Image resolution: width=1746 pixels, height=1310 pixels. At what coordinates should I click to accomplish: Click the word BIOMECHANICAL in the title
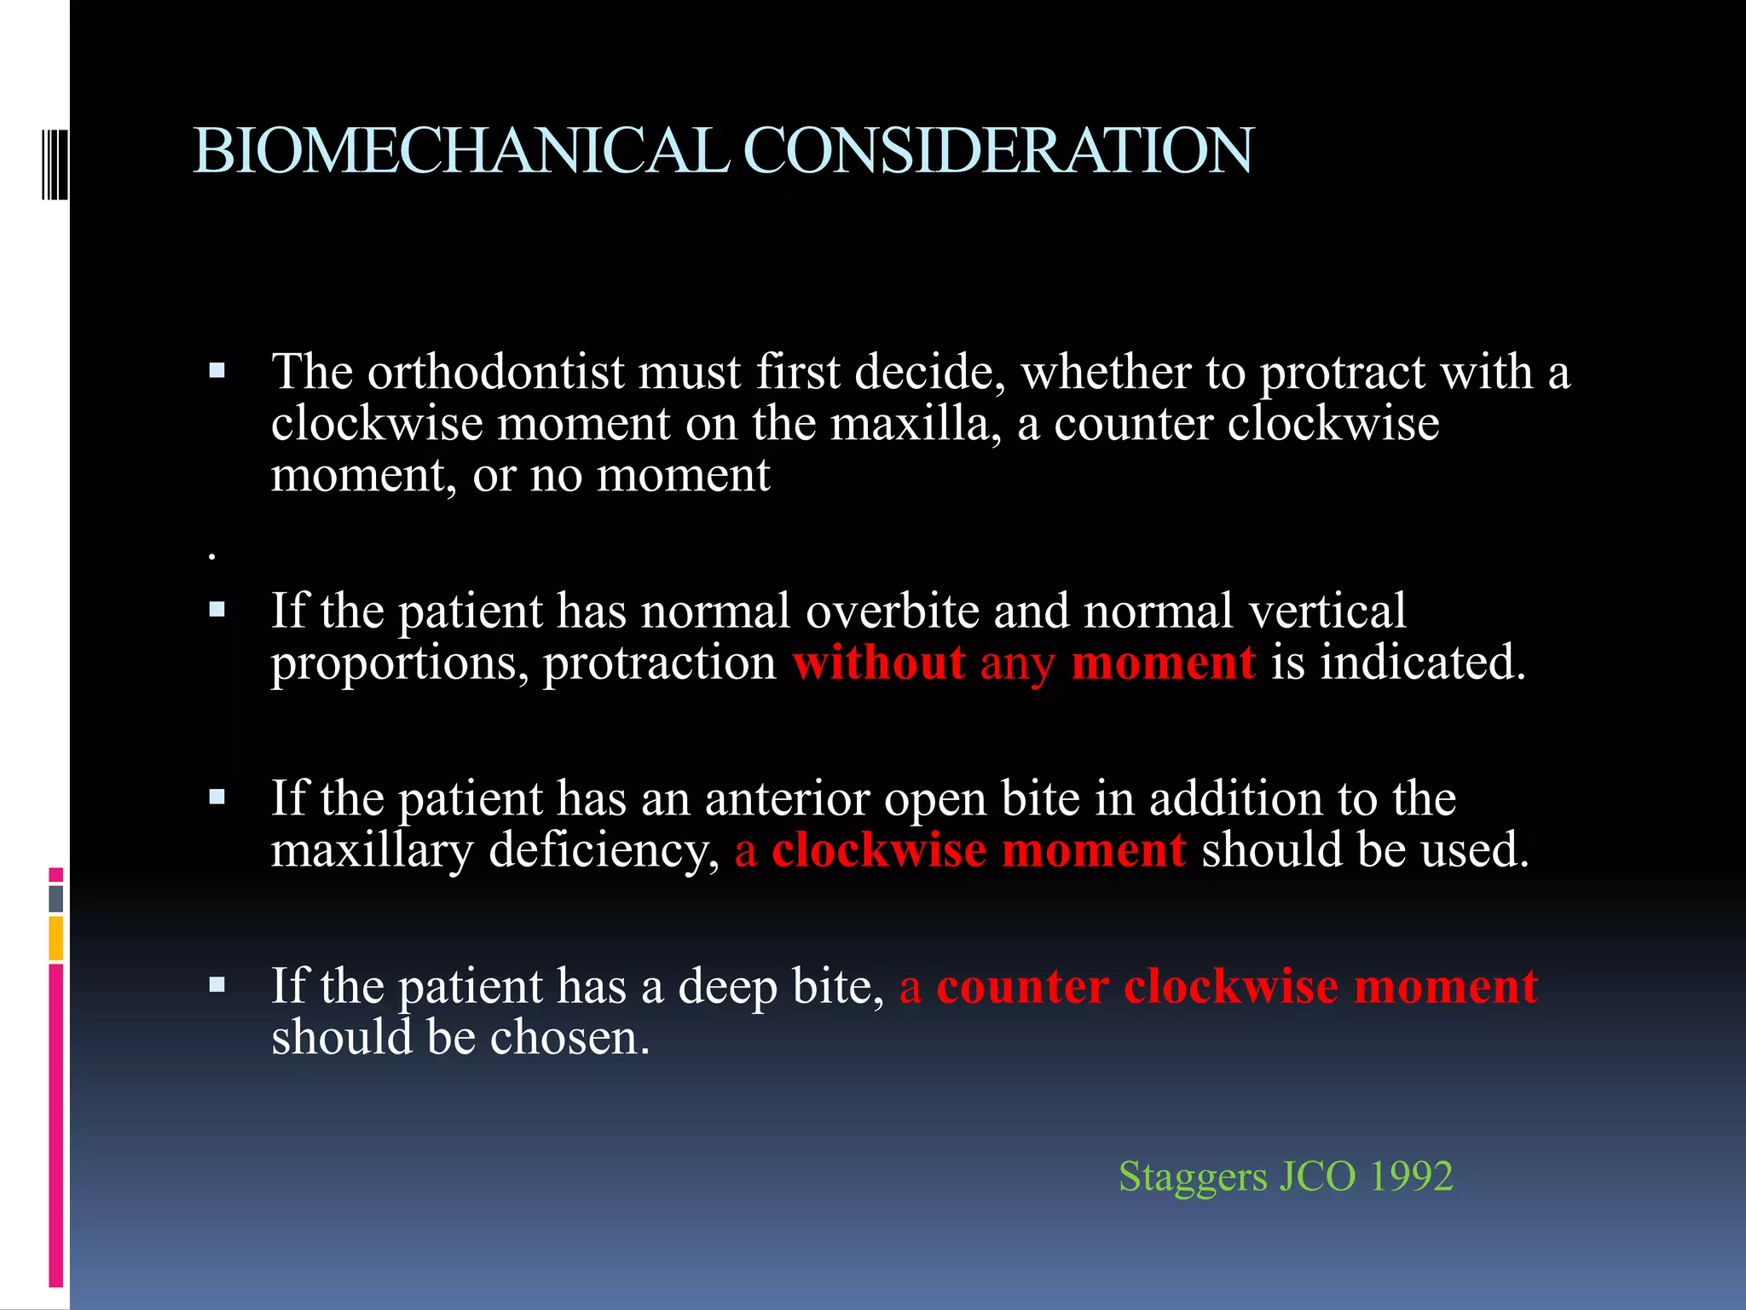point(460,151)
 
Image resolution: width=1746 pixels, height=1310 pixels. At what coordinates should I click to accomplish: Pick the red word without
point(879,663)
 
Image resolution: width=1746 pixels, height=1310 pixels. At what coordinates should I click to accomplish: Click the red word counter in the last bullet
point(1022,987)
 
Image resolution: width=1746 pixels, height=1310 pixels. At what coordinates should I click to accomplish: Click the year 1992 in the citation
point(1410,1176)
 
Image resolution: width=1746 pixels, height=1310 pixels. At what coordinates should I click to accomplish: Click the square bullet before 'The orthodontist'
point(217,371)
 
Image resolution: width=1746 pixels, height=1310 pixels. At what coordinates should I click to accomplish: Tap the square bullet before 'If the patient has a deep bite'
point(217,986)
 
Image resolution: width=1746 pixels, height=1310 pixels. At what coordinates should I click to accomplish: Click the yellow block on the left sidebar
point(55,937)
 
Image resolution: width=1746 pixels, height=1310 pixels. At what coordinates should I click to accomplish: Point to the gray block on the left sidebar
point(55,898)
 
